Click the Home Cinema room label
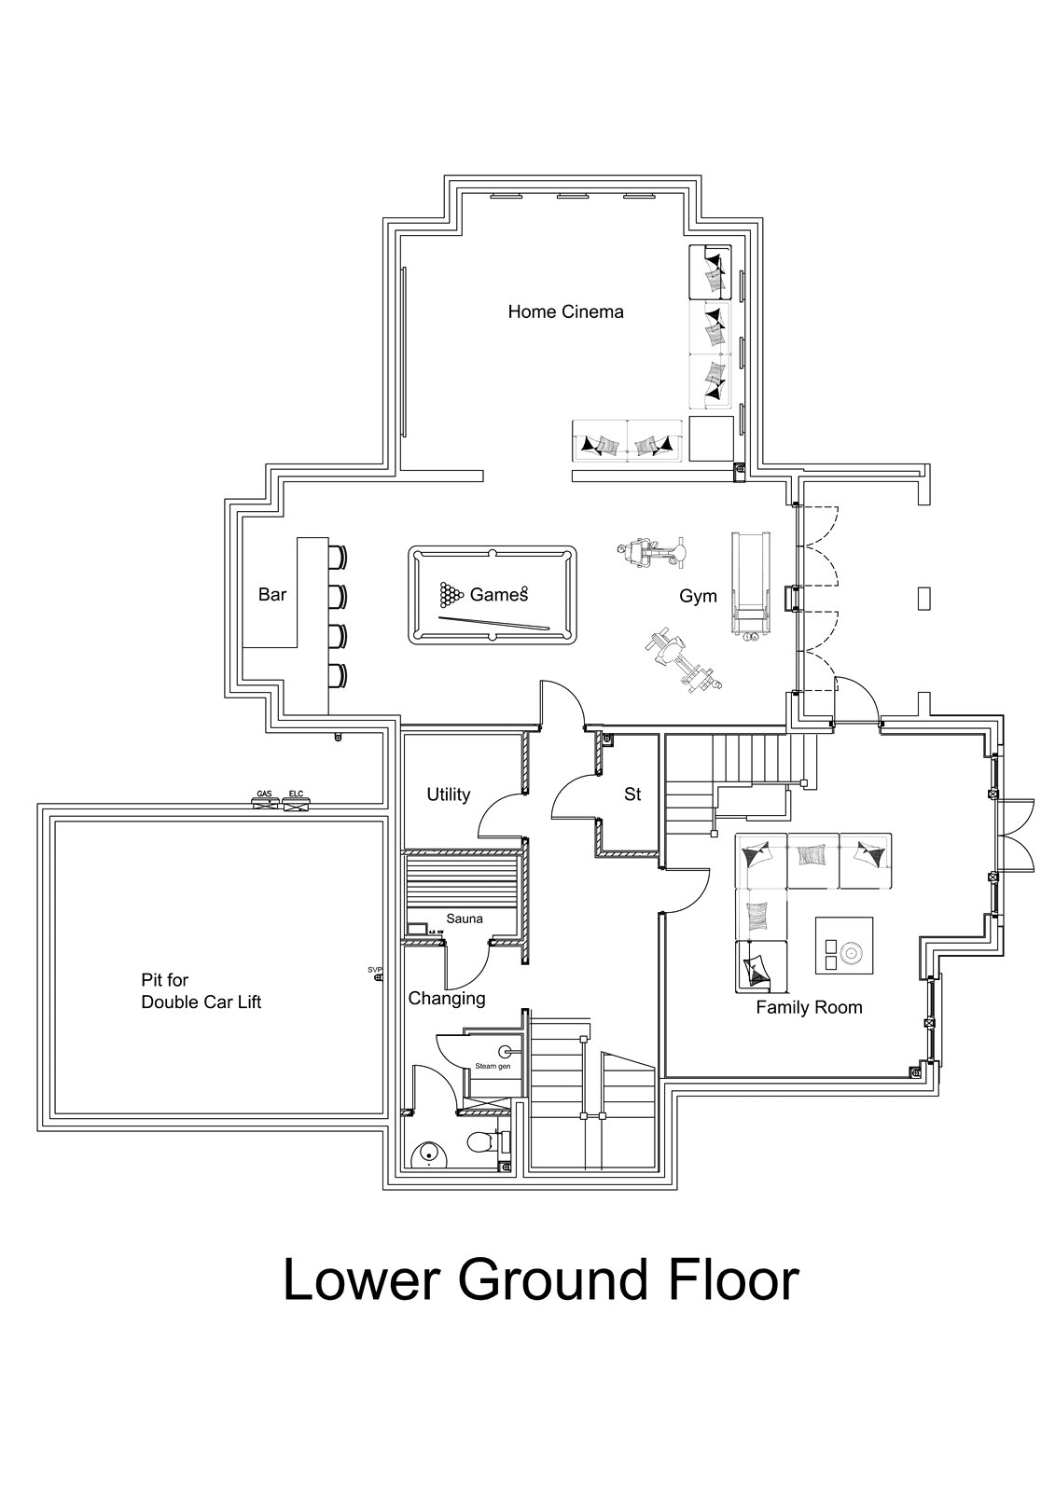coord(565,311)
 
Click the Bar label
coord(272,594)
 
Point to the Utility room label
coord(448,794)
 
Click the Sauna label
coord(464,919)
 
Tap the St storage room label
coord(632,794)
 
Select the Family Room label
coord(809,1007)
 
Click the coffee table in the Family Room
coord(844,946)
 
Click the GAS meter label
coord(265,794)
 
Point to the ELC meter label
coord(296,794)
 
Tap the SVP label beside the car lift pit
coord(375,970)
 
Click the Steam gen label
coord(493,1065)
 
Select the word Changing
coord(447,999)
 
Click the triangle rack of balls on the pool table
coord(451,593)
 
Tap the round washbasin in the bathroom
coord(428,1155)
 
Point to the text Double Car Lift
coord(201,1002)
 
